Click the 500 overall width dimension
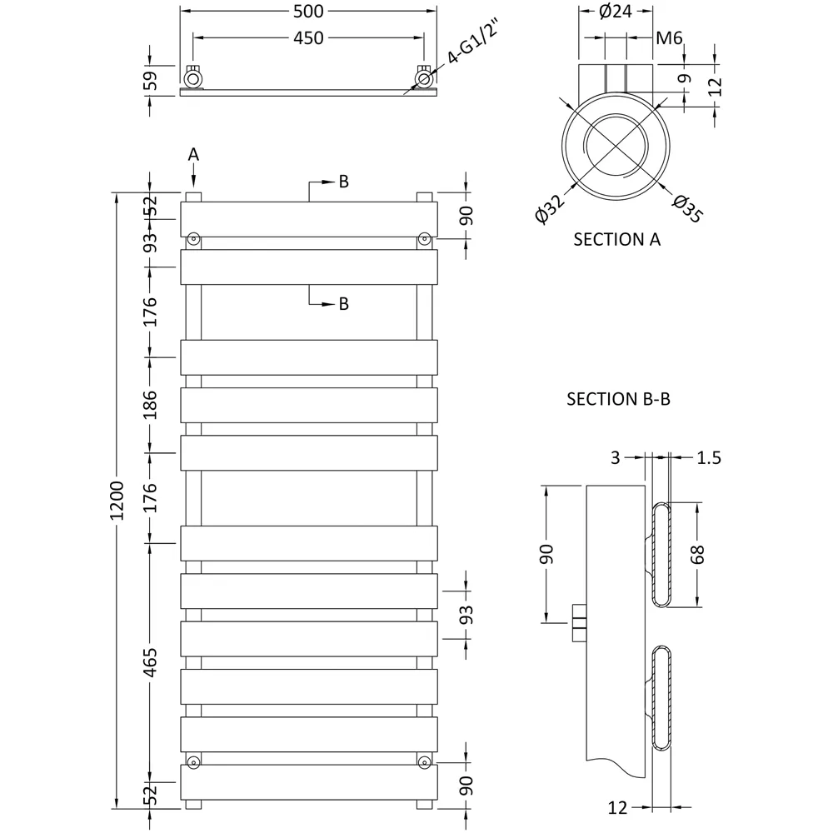pyautogui.click(x=308, y=11)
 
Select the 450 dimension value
pyautogui.click(x=308, y=37)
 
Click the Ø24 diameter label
pyautogui.click(x=615, y=12)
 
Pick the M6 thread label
pyautogui.click(x=670, y=37)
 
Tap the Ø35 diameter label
pyautogui.click(x=688, y=207)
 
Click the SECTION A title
pyautogui.click(x=617, y=240)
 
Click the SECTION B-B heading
pyautogui.click(x=619, y=399)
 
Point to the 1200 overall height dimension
pyautogui.click(x=116, y=501)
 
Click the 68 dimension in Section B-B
pyautogui.click(x=697, y=555)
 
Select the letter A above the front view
pyautogui.click(x=193, y=154)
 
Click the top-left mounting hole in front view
pyautogui.click(x=193, y=239)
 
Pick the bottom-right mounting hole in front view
pyautogui.click(x=424, y=761)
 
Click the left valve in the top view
pyautogui.click(x=193, y=78)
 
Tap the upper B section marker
pyautogui.click(x=343, y=182)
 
